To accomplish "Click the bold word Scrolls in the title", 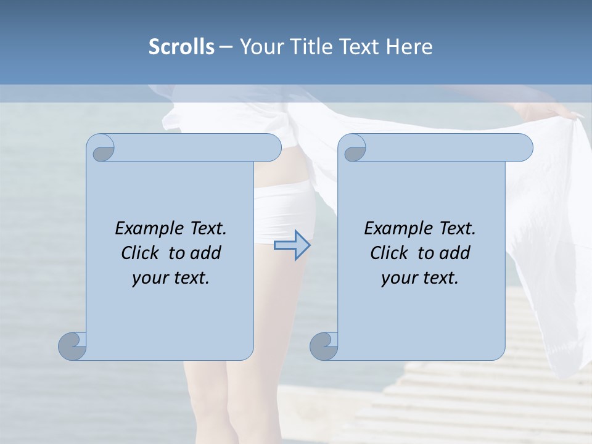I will pos(181,47).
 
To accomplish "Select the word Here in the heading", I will pos(409,47).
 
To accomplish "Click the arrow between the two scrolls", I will pos(292,245).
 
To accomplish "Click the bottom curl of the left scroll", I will pos(73,346).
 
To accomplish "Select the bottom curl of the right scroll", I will pos(324,346).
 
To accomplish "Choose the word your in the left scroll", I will pos(149,278).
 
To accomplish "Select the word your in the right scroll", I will pos(398,278).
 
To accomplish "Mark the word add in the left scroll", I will pos(207,253).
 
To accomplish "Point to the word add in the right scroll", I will pos(456,253).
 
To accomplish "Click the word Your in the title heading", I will pos(258,47).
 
